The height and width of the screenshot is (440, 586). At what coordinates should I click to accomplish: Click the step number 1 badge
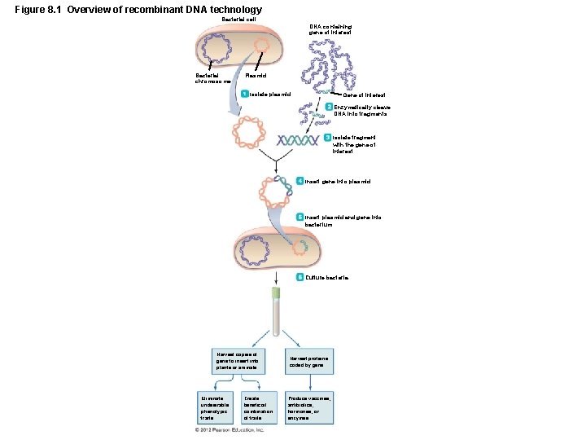244,94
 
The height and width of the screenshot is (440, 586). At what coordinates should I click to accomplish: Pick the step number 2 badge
329,108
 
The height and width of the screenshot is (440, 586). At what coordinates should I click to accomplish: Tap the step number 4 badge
300,181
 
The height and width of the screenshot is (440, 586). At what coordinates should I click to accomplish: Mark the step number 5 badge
300,218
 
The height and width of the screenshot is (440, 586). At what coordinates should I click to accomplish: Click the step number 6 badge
300,278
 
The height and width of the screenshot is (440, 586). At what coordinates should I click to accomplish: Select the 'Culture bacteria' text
327,278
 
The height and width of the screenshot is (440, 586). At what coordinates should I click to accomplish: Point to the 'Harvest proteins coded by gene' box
308,362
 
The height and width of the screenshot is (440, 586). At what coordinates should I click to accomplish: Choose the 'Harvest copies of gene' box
236,362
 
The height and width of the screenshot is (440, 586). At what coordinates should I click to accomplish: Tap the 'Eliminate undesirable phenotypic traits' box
214,407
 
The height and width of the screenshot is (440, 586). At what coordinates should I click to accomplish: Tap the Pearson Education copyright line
230,429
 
